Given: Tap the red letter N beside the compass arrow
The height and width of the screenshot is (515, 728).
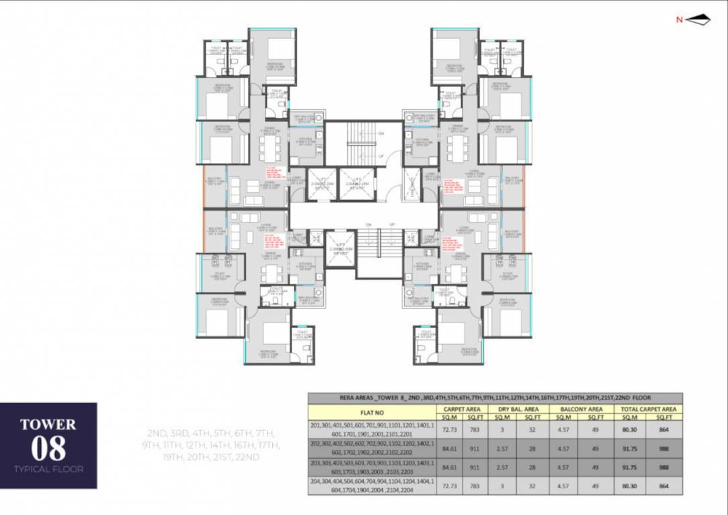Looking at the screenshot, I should [679, 20].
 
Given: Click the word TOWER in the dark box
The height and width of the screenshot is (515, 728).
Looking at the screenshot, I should [48, 424].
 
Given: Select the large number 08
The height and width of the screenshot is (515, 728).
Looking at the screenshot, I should [48, 447].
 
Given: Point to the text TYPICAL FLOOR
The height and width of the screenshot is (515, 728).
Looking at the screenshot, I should [48, 469].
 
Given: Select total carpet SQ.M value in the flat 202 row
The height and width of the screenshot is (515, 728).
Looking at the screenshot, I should [628, 448].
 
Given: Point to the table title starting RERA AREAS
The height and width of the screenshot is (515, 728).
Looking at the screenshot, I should [495, 398].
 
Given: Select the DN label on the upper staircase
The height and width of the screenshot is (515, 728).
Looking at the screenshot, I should [380, 133].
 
